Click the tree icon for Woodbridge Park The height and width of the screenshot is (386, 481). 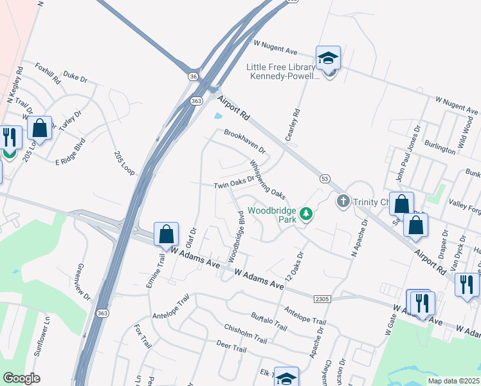click(307, 214)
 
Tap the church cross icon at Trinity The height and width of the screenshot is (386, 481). click(343, 201)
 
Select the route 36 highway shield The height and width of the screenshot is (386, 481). click(194, 76)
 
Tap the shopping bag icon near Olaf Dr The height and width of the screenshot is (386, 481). click(167, 234)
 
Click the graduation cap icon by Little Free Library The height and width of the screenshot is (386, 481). click(328, 58)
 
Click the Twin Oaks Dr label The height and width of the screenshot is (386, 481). click(235, 183)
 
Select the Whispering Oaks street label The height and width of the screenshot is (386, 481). click(267, 179)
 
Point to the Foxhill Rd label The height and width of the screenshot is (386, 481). click(48, 73)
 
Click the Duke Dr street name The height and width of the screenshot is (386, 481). click(75, 77)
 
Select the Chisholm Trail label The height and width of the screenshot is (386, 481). click(245, 333)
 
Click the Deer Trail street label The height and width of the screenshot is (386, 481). click(231, 349)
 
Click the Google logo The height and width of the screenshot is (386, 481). click(22, 378)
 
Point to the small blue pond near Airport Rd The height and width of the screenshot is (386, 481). click(219, 116)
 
